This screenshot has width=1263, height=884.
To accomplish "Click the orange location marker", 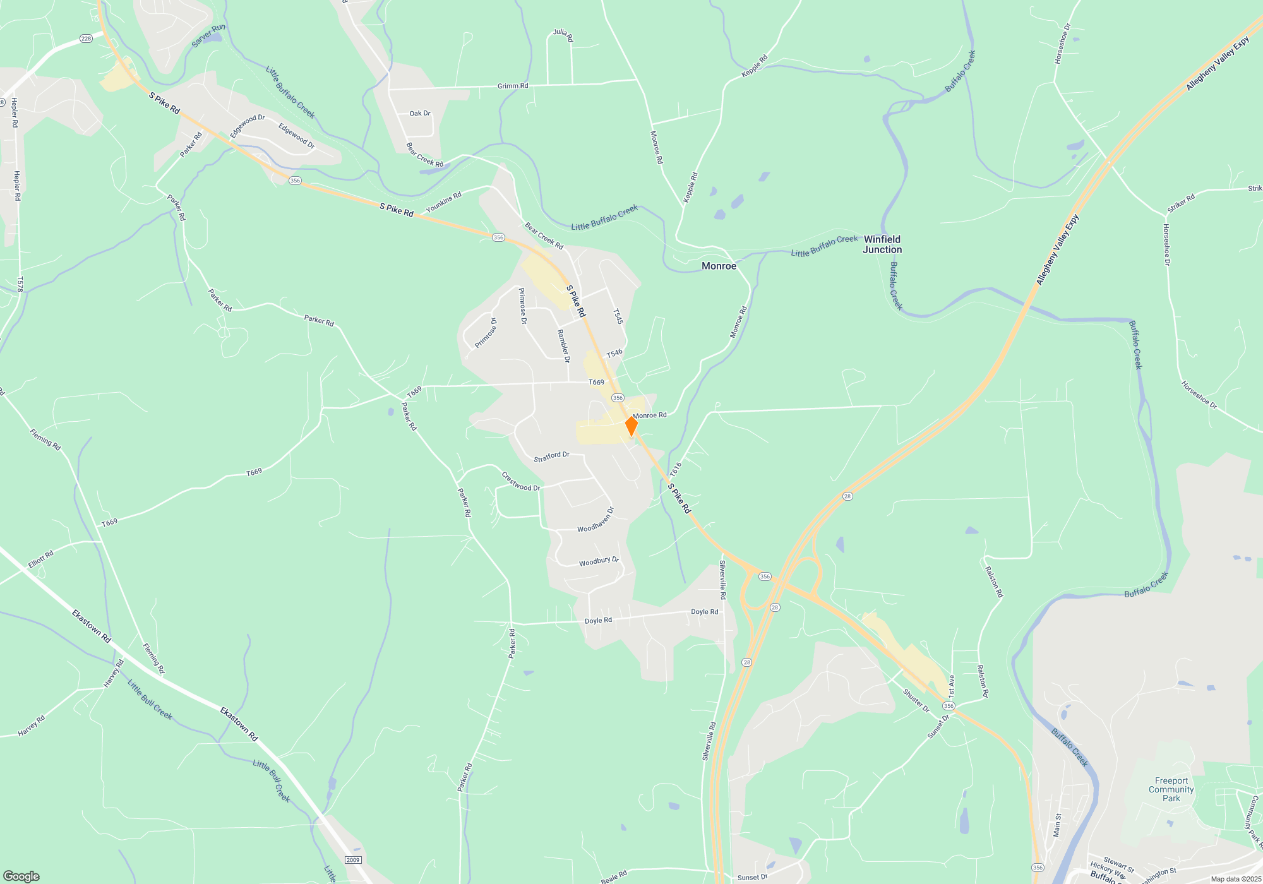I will tap(631, 426).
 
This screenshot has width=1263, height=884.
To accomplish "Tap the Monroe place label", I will tap(719, 266).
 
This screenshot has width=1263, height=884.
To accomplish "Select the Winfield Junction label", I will tap(882, 244).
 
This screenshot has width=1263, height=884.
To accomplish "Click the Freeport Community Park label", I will tap(1171, 789).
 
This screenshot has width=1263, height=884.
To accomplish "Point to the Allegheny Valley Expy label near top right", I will tap(1217, 64).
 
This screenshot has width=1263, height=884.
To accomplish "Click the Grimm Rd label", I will tap(513, 86).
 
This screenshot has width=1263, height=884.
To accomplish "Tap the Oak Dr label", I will tap(420, 114).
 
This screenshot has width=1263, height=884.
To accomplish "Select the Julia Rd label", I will tap(563, 35).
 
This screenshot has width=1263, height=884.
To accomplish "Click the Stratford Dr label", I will tap(551, 457).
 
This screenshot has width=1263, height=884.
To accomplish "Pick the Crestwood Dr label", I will tap(521, 482).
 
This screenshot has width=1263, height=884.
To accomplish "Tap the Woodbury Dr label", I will tap(599, 561).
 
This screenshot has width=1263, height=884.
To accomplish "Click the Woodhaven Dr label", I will tap(596, 520).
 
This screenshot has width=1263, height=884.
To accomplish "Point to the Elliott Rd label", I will tap(41, 559).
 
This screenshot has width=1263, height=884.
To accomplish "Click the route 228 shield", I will tap(87, 39).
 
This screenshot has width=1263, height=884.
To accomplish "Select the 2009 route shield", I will tap(353, 860).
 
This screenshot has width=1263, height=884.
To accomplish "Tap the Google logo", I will tap(21, 876).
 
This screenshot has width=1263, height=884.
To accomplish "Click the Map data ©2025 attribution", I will tap(1235, 879).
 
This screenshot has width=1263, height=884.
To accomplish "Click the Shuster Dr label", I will tap(916, 700).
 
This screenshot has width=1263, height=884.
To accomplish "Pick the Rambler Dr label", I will tap(563, 346).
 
